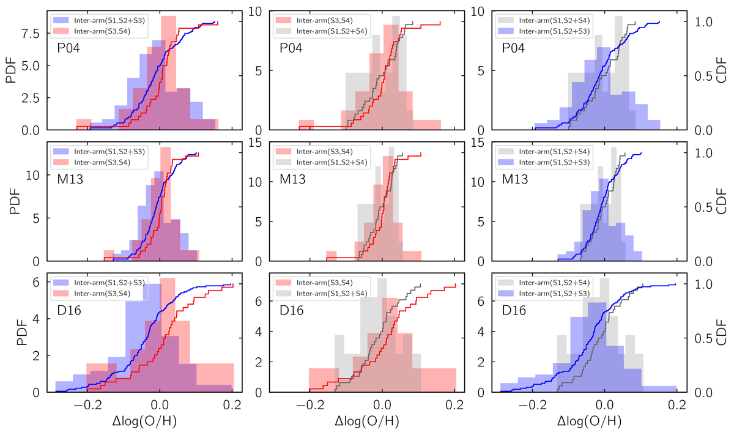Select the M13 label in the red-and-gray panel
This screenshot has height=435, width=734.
tap(293, 179)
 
